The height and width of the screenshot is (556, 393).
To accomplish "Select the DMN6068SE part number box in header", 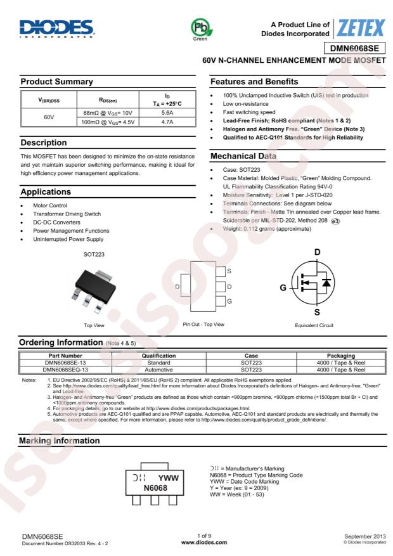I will click(x=355, y=49).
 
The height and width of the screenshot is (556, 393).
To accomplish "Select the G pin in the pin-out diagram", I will click(x=229, y=301).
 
